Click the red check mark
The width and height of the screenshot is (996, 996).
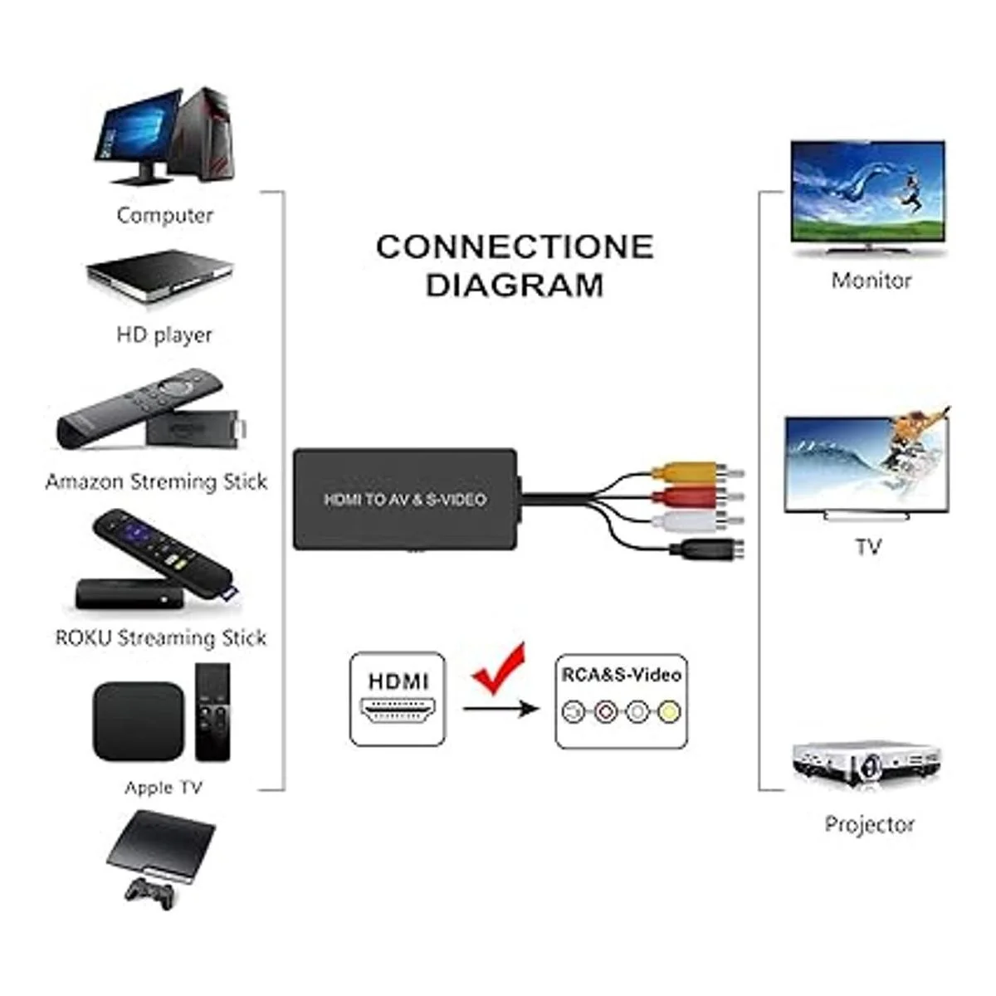pos(500,669)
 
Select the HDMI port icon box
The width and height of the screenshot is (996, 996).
pos(398,699)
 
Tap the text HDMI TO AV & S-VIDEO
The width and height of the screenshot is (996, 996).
pos(404,500)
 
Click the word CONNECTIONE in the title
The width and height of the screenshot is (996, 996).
pos(515,247)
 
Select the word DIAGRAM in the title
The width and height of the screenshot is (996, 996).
pos(515,286)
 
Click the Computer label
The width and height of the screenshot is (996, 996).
pos(164,216)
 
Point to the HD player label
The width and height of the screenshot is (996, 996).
pos(164,335)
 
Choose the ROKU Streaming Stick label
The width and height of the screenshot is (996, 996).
pos(161,638)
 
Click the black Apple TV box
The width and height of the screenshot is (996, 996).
pos(138,721)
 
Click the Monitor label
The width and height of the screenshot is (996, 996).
pos(871,281)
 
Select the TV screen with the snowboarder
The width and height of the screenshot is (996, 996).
pos(867,463)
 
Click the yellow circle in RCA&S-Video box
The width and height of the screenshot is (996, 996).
pos(668,711)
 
